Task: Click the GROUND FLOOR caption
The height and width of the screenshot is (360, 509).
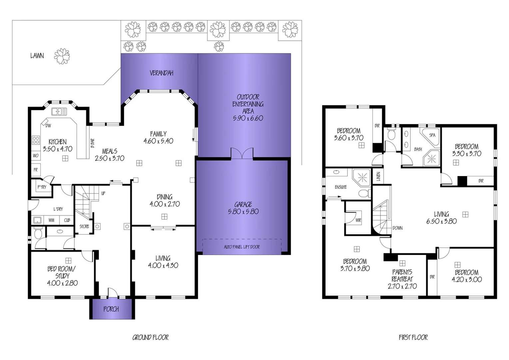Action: tap(151, 337)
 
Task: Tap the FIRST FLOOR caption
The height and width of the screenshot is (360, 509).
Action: tap(413, 337)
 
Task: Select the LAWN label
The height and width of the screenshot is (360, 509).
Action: tap(37, 56)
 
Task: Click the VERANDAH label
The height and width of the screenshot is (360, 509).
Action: tap(161, 73)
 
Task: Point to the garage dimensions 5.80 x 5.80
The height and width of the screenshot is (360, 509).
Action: tap(243, 211)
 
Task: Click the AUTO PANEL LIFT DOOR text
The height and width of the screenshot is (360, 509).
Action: tap(242, 247)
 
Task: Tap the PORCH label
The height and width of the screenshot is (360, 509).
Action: tap(111, 309)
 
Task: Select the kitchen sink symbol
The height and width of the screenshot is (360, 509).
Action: tap(59, 112)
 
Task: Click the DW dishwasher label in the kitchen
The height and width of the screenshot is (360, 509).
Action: tap(48, 126)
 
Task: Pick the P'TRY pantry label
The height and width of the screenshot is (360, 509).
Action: tap(42, 187)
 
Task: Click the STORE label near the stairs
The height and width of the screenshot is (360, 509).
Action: tap(84, 226)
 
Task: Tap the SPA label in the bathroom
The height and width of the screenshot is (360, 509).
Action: tap(432, 135)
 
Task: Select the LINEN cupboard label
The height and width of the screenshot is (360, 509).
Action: tap(378, 176)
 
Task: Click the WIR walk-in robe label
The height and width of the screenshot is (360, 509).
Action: tap(358, 220)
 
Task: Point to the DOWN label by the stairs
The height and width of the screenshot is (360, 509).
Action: tap(397, 228)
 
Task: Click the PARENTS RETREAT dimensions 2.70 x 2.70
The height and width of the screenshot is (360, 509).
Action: tap(402, 286)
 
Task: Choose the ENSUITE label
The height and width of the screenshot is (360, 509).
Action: tap(340, 187)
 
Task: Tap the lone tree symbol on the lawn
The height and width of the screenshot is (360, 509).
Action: tap(62, 56)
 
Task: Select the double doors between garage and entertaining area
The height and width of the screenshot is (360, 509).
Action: tap(242, 154)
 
